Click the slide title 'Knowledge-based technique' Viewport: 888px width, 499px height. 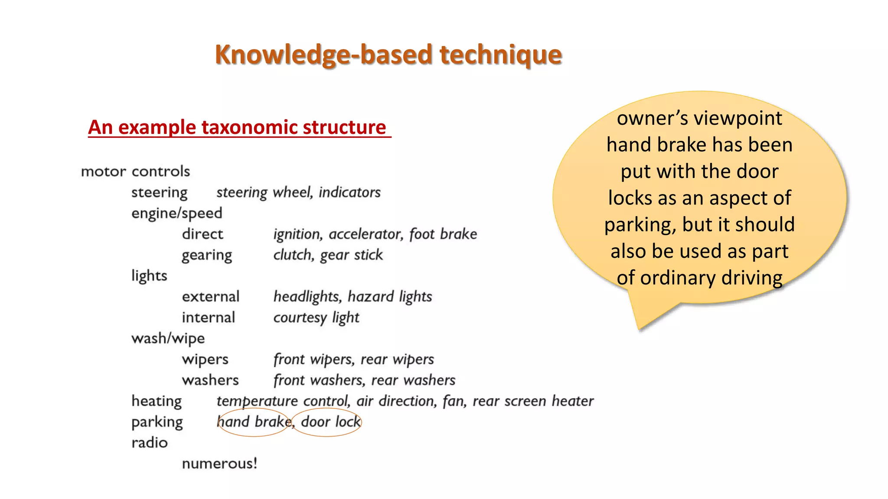pos(388,55)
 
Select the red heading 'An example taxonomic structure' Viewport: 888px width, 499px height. pos(237,127)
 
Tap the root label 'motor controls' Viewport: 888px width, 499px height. pos(135,172)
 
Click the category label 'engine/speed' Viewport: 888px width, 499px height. pos(176,213)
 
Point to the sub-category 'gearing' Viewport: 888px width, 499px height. pos(207,255)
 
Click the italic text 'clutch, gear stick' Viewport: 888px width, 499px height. pos(328,255)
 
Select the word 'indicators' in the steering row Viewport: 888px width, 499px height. pos(349,192)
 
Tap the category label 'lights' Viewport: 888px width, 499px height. pos(149,276)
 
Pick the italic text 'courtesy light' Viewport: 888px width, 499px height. pos(316,318)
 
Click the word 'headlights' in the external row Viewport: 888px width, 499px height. pos(306,297)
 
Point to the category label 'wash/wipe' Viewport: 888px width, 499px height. pos(168,338)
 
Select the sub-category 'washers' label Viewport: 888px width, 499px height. pos(210,380)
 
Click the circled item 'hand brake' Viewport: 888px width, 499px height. pos(254,422)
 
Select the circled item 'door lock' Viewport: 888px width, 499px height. pos(330,422)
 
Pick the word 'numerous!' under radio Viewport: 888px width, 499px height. pos(219,463)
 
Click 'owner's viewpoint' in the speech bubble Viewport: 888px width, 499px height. pos(699,118)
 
